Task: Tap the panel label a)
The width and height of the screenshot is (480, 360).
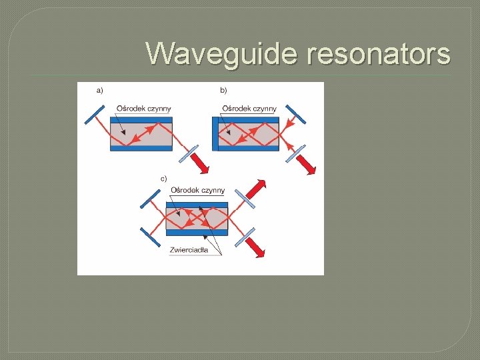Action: click(100, 90)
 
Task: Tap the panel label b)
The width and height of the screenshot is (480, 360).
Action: click(223, 90)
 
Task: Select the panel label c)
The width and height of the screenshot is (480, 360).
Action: click(163, 179)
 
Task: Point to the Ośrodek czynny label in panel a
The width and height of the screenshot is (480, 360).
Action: click(143, 109)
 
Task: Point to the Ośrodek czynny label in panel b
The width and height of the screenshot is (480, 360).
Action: click(249, 109)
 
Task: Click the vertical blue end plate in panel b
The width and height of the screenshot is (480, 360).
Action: click(215, 133)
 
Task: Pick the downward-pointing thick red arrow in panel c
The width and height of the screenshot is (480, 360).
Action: click(258, 249)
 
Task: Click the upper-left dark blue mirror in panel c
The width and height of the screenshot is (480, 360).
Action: click(151, 199)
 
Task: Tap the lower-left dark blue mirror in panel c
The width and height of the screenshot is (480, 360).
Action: click(150, 237)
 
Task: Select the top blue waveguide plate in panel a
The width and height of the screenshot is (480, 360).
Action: click(141, 120)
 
